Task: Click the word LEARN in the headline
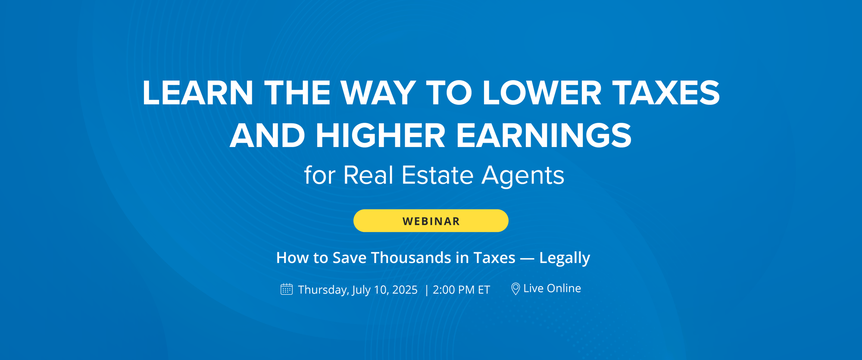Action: point(197,93)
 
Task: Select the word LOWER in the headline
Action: point(541,93)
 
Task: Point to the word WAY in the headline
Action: point(378,93)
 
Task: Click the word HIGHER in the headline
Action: point(380,136)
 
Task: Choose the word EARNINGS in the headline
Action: point(544,136)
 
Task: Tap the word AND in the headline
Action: point(267,136)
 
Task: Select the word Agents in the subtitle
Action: point(523,175)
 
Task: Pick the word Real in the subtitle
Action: point(368,175)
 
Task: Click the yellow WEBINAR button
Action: point(431,221)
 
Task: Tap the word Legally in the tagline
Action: point(564,258)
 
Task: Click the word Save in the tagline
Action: point(349,258)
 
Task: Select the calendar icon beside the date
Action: point(287,289)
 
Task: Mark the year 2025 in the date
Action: point(405,290)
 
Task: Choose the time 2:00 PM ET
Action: point(461,290)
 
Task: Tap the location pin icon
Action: point(515,288)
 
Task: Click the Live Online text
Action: point(552,288)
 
